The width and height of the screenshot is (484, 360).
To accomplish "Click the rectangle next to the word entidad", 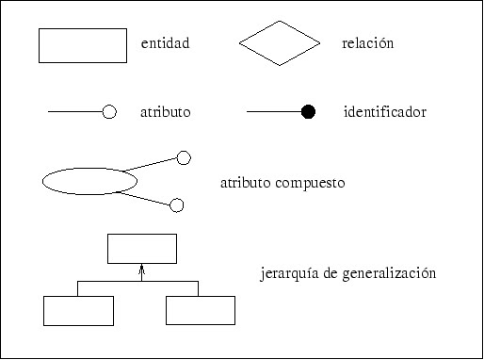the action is click(83, 45).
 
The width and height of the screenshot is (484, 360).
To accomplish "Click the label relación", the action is click(368, 44).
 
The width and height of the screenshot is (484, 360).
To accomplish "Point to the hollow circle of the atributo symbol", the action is click(108, 112).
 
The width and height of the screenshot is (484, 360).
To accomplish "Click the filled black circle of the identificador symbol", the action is click(308, 112).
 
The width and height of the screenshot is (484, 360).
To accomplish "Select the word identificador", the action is click(386, 112).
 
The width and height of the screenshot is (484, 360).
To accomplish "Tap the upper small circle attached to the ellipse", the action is click(184, 157).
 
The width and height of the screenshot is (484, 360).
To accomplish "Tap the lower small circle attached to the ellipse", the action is click(176, 205).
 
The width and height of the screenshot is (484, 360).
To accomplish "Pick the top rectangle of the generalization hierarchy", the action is click(141, 248).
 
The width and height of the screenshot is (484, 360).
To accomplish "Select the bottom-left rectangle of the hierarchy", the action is click(78, 310).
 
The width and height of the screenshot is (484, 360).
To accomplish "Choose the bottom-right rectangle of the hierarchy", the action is click(201, 310).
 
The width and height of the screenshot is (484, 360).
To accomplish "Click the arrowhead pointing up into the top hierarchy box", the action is click(141, 269).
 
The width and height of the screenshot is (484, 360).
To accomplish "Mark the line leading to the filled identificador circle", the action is click(273, 112).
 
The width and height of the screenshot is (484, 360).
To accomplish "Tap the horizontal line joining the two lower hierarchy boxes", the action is click(108, 281).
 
